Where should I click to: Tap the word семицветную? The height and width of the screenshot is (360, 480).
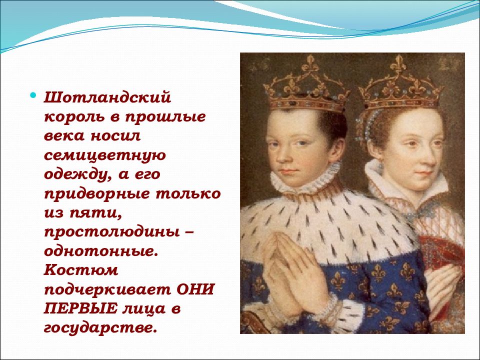pyautogui.click(x=105, y=155)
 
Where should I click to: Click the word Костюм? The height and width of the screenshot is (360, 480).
pyautogui.click(x=81, y=270)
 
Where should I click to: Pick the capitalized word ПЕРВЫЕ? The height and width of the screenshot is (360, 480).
pyautogui.click(x=80, y=308)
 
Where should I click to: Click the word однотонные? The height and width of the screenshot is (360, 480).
pyautogui.click(x=100, y=251)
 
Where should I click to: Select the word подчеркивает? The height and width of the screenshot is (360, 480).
pyautogui.click(x=107, y=290)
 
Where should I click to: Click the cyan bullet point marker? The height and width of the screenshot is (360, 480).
pyautogui.click(x=33, y=96)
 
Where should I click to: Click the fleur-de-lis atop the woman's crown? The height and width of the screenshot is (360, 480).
pyautogui.click(x=398, y=63)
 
